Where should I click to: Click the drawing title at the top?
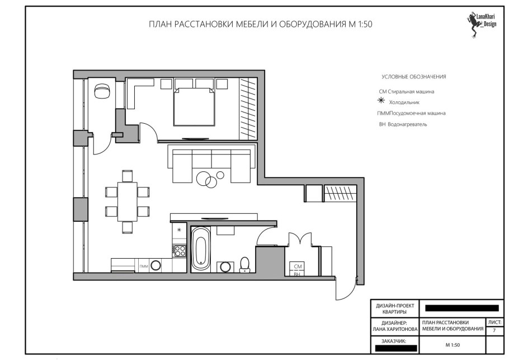tap(260, 25)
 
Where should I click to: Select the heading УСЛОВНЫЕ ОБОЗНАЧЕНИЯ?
tap(413, 77)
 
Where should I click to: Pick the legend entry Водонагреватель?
tap(403, 124)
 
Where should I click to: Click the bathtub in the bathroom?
tap(201, 249)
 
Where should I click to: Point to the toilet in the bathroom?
tap(244, 264)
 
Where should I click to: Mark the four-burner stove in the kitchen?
tap(179, 250)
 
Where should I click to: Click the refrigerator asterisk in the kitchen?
tap(179, 230)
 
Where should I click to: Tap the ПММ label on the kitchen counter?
tap(144, 266)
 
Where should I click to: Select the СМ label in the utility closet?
tap(298, 267)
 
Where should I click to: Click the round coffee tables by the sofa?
tap(210, 179)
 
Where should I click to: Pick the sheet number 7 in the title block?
tap(494, 331)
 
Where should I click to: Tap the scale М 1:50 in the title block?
tap(452, 345)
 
